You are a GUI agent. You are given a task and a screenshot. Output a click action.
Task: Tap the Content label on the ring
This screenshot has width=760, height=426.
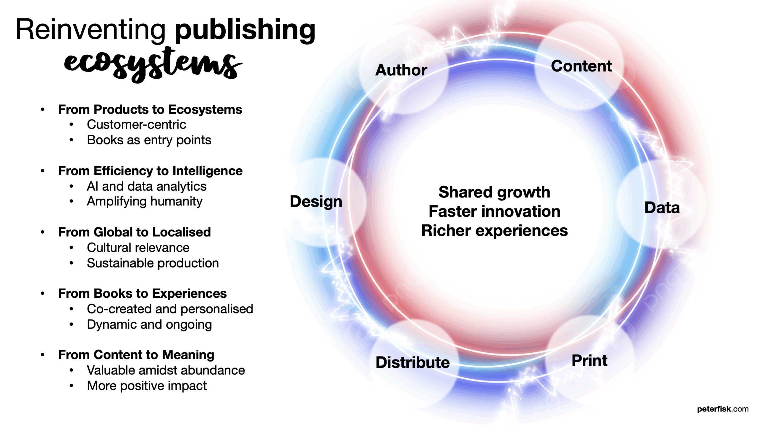click(581, 66)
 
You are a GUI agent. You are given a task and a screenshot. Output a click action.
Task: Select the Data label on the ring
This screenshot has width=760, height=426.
click(662, 208)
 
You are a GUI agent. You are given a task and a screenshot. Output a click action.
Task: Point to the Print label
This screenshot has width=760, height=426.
click(589, 360)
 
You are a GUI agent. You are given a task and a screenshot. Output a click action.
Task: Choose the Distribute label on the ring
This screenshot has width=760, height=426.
click(412, 362)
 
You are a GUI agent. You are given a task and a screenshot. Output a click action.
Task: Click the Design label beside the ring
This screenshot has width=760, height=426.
click(316, 202)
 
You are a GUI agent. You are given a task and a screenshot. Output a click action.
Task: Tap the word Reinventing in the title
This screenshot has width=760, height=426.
click(91, 29)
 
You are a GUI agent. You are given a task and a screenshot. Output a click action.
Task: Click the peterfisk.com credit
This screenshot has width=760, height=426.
click(722, 409)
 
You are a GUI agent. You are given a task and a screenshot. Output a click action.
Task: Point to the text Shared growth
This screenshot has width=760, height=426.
click(494, 192)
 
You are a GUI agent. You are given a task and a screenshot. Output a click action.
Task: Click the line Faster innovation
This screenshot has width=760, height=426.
click(494, 211)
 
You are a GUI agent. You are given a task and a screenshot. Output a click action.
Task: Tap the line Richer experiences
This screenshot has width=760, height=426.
click(494, 231)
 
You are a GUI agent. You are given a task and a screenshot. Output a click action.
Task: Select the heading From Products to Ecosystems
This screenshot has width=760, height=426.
click(150, 110)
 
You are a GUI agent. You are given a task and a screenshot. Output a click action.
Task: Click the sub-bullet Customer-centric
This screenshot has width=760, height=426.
click(136, 125)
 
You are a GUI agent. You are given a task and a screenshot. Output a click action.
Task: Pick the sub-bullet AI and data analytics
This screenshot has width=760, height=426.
click(146, 186)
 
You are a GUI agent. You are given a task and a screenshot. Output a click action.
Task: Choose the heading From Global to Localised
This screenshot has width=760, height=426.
click(134, 232)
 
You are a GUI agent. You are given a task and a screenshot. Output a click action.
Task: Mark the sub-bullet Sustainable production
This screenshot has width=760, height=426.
click(153, 263)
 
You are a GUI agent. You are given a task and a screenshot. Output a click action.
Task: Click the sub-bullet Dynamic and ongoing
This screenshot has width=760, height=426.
click(149, 324)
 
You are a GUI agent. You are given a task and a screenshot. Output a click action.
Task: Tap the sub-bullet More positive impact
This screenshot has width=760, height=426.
click(147, 386)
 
